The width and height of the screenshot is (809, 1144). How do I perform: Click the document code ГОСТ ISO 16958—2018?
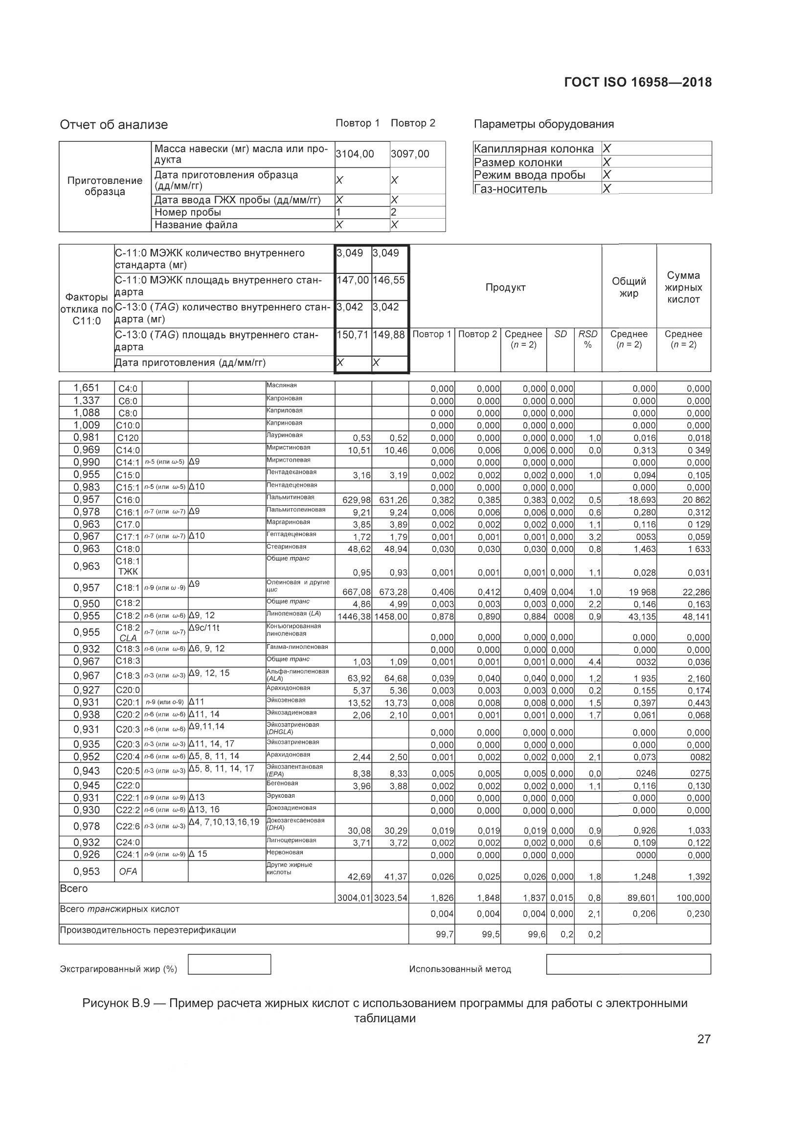click(x=638, y=83)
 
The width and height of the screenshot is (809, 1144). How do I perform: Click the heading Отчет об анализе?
click(x=113, y=125)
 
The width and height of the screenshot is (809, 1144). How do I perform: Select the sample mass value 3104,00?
click(x=355, y=154)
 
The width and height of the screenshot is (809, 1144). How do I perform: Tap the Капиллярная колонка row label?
click(x=534, y=149)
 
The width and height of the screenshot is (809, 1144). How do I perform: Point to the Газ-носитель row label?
click(x=510, y=189)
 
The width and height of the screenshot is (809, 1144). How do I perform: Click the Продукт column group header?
click(x=505, y=288)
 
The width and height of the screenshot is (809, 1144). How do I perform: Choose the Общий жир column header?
click(x=629, y=288)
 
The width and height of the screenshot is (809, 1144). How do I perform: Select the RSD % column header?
click(x=587, y=339)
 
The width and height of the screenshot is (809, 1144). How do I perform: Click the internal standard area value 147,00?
click(x=352, y=280)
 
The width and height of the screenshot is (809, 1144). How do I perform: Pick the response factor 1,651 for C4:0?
click(x=86, y=388)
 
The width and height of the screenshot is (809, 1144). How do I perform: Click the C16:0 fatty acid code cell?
click(x=128, y=500)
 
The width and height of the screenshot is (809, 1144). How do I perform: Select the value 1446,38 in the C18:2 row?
click(x=354, y=617)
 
